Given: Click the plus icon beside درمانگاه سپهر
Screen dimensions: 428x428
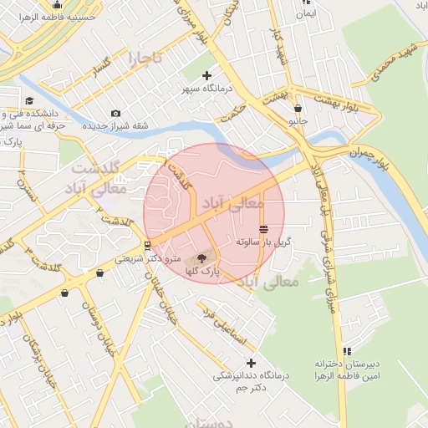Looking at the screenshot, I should (x=207, y=76).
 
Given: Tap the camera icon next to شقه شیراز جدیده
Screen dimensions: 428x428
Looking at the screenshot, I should (x=115, y=113).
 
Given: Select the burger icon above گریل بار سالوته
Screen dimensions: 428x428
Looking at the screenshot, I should (x=263, y=229).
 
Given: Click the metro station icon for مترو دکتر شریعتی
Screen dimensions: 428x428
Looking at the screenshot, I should (x=148, y=246).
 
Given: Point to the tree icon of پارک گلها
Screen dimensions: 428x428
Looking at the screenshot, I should (x=201, y=258).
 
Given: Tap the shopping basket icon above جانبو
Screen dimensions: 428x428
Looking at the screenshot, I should (x=298, y=108).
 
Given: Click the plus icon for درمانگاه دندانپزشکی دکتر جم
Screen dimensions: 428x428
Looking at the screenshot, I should (x=250, y=363).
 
